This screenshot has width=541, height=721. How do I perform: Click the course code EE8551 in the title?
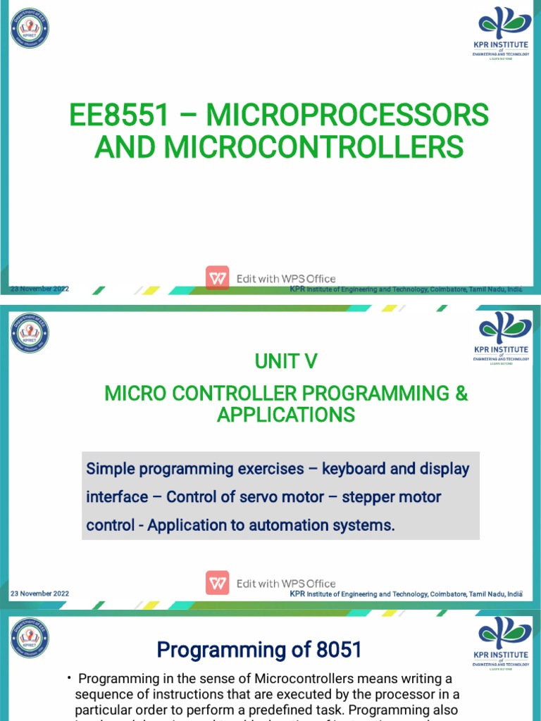click(119, 115)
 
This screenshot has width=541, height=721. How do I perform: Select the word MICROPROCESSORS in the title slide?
click(353, 115)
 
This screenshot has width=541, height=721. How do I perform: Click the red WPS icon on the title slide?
click(218, 278)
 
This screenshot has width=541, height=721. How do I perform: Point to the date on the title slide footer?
click(39, 289)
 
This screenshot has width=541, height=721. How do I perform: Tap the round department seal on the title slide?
click(30, 28)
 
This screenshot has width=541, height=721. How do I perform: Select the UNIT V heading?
click(285, 361)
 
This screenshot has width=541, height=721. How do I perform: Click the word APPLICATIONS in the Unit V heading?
click(285, 415)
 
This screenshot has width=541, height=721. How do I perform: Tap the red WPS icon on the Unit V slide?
click(218, 583)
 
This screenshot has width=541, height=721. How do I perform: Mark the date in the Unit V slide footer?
click(39, 594)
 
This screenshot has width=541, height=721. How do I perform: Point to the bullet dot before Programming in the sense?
click(70, 678)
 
